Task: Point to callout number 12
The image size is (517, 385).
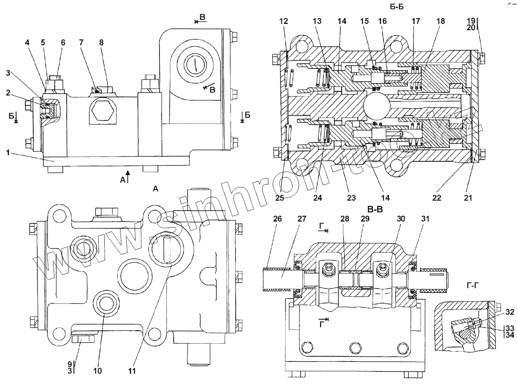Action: (284, 21)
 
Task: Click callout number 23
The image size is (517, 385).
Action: (351, 198)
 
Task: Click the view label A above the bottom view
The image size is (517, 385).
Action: (155, 188)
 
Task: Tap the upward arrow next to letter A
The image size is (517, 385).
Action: (128, 177)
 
